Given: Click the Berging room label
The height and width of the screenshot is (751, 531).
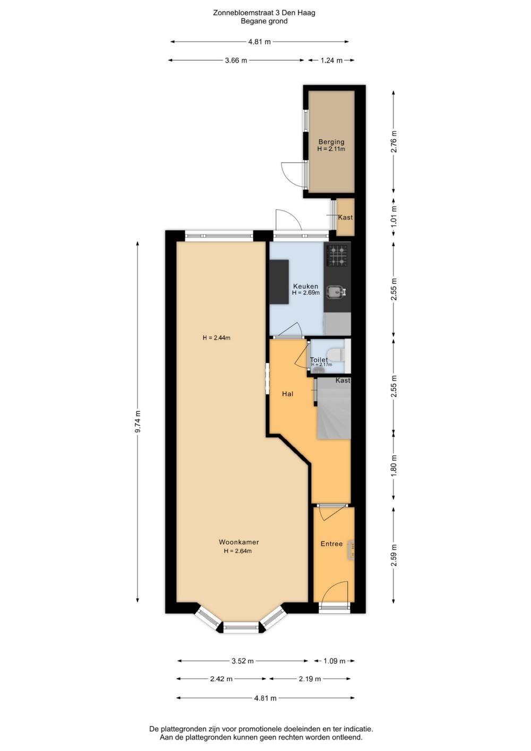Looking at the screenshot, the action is coord(331,142).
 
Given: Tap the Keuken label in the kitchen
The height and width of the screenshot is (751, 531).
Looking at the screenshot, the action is coord(305,286).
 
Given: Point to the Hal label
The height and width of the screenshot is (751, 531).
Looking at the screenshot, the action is coord(287,394).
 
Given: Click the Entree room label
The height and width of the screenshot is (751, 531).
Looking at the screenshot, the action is coord(331,544).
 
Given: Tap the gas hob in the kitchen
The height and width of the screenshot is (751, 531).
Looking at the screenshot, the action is coord(337,256).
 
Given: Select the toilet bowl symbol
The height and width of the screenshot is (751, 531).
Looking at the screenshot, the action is coord(336,355).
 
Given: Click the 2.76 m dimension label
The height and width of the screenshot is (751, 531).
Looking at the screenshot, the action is coord(394,141).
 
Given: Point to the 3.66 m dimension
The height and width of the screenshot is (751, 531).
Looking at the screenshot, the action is coord(236,61).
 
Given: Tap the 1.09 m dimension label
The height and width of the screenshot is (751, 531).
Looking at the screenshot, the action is coord(334,661).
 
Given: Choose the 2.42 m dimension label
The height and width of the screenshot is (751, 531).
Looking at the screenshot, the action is coord(221,679).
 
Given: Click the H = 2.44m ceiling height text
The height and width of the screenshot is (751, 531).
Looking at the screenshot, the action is coord(217,337).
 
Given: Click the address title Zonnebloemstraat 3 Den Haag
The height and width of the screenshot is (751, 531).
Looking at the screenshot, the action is coord(264,13).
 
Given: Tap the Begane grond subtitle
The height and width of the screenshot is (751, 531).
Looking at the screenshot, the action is coord(264,21).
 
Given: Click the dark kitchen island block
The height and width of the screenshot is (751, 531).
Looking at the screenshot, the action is coord(279,282).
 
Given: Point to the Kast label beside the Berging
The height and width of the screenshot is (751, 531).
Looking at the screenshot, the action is coord(345,217).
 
